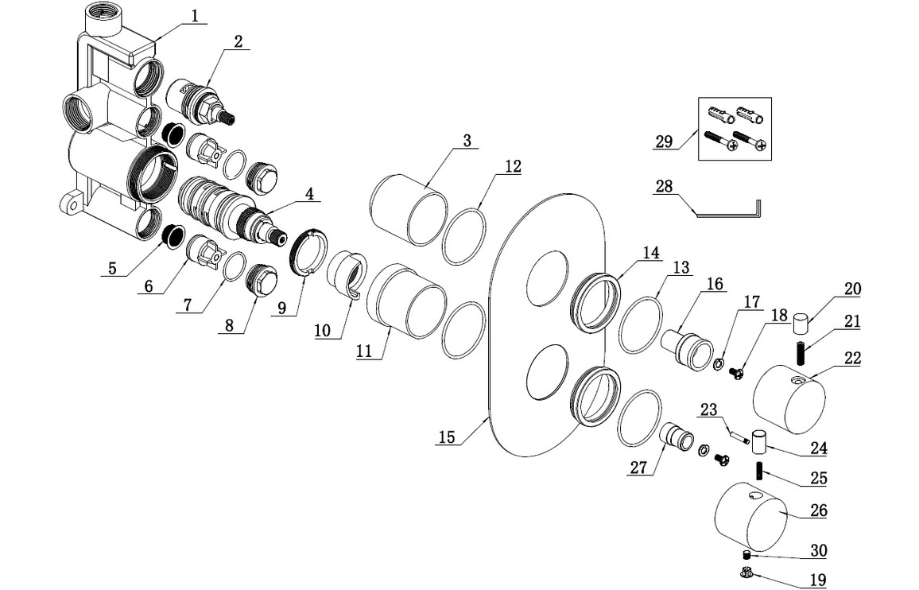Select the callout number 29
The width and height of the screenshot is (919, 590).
[665, 142]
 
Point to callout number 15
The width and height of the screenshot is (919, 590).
[448, 437]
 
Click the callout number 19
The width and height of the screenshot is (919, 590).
[817, 580]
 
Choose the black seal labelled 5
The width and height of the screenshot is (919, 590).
[169, 235]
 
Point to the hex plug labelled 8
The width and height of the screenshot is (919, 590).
[261, 280]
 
